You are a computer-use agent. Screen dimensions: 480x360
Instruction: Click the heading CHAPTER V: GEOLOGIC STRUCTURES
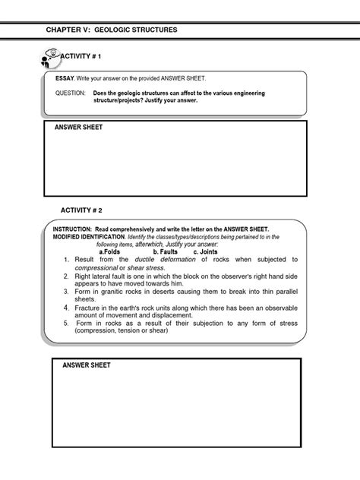coord(111,30)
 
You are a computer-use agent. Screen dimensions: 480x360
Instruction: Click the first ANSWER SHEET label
coord(78,127)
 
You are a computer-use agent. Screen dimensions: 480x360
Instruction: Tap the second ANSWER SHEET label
coord(87,365)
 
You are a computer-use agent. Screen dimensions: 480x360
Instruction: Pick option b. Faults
coord(165,251)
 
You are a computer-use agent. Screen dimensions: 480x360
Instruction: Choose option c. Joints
coord(206,251)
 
